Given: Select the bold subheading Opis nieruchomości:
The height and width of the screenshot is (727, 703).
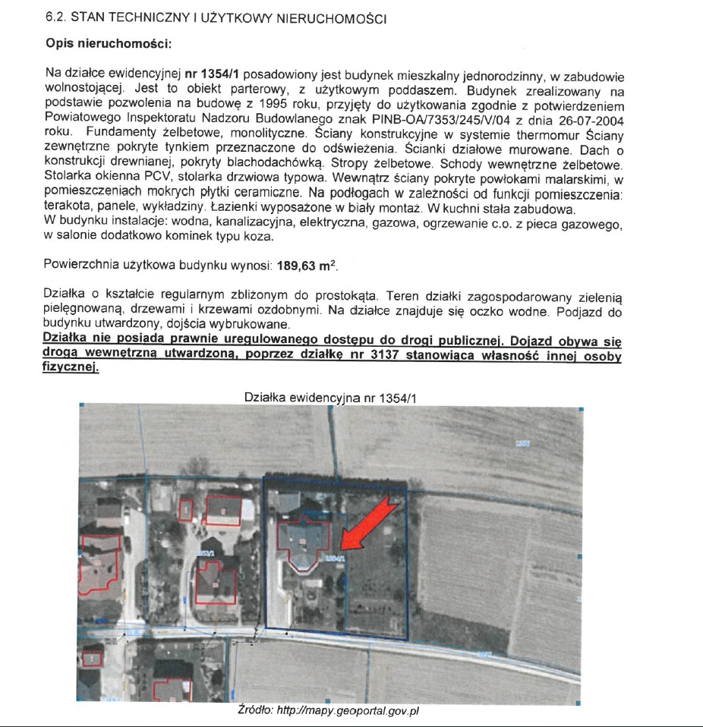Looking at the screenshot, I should point(109,43).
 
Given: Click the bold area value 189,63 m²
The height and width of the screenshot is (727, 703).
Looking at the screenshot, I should point(307,266).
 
